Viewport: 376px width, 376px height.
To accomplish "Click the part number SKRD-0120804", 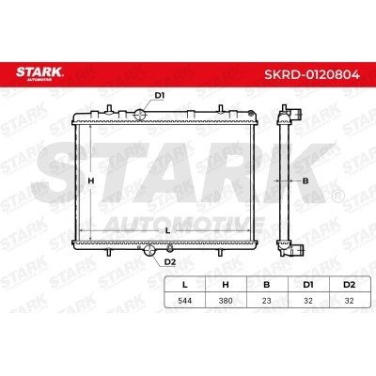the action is point(312,75).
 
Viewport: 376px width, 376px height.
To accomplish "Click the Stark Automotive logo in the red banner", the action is point(39,73).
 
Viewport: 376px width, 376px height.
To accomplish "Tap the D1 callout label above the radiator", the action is point(160,96).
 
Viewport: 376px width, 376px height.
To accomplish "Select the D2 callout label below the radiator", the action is point(170,262).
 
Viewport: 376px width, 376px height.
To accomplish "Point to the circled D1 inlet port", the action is point(140,115).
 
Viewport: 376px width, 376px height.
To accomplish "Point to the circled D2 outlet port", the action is point(149,250).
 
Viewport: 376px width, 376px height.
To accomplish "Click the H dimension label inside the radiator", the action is point(91,180).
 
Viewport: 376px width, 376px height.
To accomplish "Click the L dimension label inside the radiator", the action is point(167,231).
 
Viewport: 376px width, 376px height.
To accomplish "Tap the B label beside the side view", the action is point(305,180).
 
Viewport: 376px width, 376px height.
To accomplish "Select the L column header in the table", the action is point(185,285).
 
